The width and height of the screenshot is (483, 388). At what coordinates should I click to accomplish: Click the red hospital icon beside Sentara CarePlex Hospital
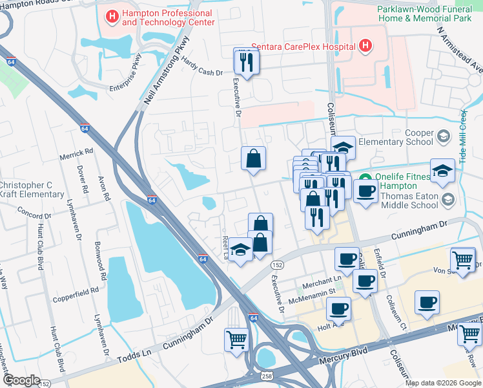click(365, 46)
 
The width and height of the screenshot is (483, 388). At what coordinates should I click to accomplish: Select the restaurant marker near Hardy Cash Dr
click(246, 61)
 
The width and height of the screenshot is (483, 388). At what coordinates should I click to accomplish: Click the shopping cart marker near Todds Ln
click(237, 339)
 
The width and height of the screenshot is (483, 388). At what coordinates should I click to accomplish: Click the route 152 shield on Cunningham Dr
click(277, 265)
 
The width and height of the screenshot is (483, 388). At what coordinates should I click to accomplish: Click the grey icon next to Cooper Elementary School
click(443, 136)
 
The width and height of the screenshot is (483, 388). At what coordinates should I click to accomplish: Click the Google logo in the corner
click(21, 380)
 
